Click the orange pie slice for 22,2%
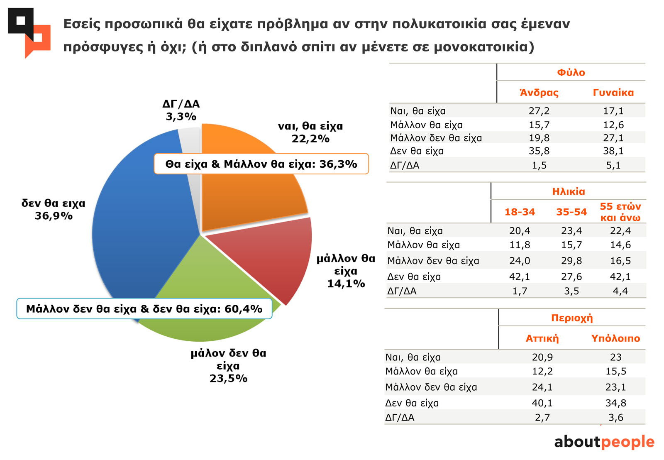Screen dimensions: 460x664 249,195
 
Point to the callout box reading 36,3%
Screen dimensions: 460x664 261,164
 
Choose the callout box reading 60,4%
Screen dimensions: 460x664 144,309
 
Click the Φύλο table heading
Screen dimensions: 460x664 571,73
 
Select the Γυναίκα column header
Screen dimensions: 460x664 613,93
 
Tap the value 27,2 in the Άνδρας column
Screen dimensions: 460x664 539,111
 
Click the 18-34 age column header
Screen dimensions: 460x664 520,212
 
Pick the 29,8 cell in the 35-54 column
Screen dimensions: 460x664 571,261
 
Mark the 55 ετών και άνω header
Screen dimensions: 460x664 620,212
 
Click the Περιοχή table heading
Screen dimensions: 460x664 572,318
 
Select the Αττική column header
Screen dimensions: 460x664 542,338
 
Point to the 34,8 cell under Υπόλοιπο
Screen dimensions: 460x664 616,403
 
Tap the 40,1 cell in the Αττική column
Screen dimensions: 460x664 542,403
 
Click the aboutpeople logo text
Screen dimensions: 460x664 604,442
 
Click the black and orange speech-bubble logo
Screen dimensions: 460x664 29,32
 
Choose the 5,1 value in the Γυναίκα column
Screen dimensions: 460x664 613,165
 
